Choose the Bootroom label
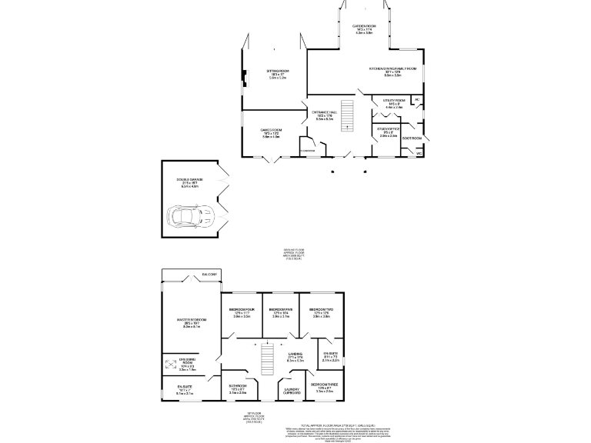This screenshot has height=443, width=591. click(x=412, y=138)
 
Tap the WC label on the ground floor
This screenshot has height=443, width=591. click(x=419, y=154)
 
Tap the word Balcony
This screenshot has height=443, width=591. click(x=210, y=275)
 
